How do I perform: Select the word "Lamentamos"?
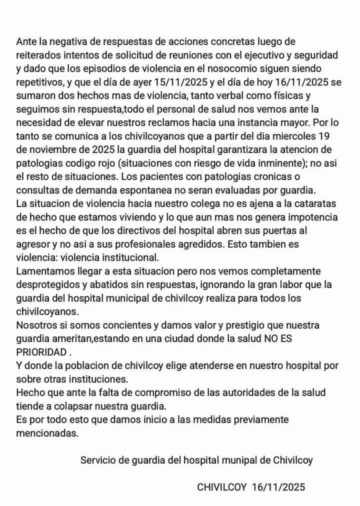[43, 271]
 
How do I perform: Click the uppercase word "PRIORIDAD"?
[41, 351]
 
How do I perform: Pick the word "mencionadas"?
[47, 433]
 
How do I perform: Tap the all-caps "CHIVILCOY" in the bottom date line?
[222, 487]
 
